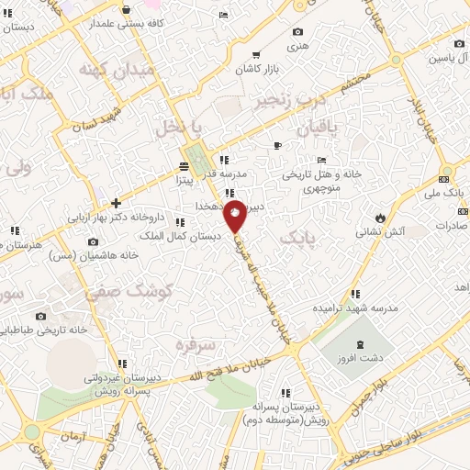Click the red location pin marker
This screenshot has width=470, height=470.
point(235,215)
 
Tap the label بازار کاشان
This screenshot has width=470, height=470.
point(254,69)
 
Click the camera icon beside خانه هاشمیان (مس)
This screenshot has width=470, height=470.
point(93,242)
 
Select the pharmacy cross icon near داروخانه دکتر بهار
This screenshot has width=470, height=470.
point(116,203)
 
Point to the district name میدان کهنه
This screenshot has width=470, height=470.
point(106,70)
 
